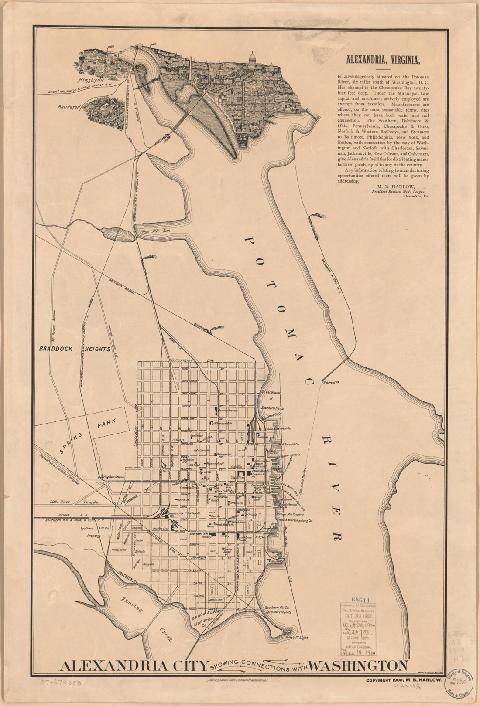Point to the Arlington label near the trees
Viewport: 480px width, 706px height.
69,106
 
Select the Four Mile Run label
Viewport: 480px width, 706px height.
155,231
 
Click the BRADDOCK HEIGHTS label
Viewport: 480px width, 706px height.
74,349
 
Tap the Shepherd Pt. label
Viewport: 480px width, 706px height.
331,382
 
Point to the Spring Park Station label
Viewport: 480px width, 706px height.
112,478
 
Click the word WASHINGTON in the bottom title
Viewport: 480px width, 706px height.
358,665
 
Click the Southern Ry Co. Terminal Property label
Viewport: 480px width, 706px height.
278,610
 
